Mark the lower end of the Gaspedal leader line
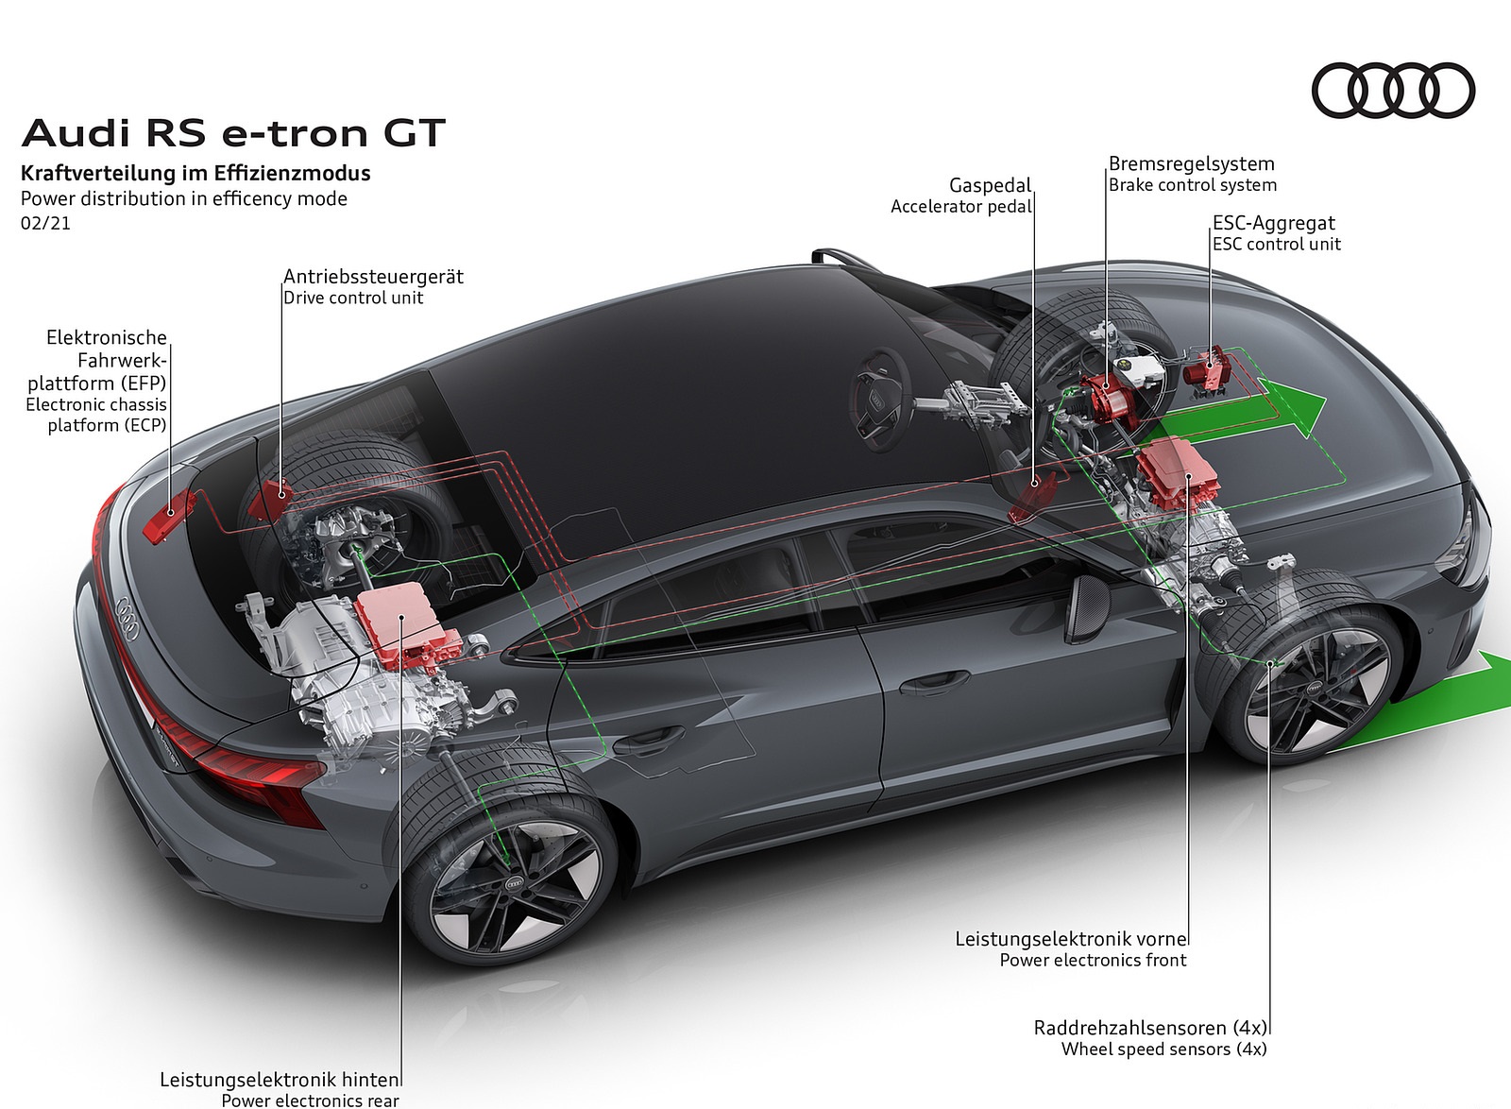click(1034, 484)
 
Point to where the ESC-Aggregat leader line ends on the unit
click(1210, 367)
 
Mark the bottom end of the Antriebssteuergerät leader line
click(282, 497)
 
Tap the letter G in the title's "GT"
click(400, 133)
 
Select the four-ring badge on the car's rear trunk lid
click(127, 617)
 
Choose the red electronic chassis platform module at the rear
click(169, 516)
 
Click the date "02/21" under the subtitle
click(46, 223)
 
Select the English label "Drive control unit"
click(353, 298)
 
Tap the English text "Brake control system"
click(1193, 185)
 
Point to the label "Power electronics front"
click(1093, 960)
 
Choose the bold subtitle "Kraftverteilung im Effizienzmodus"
click(195, 174)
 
